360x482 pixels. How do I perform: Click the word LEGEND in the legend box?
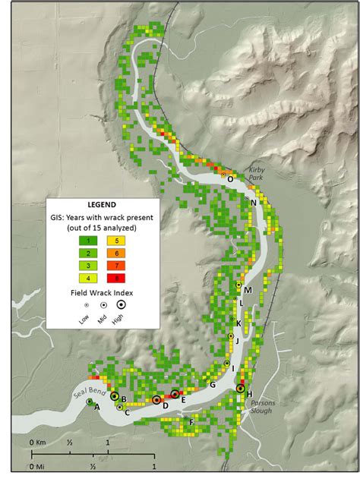[101, 205]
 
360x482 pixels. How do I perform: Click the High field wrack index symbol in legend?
[121, 304]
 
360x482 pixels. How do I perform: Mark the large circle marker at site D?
[156, 400]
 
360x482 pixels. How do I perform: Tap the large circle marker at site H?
[241, 389]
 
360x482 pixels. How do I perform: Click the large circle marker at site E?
[175, 394]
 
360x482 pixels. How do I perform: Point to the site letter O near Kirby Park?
[230, 178]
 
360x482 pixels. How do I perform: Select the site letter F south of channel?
[191, 422]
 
